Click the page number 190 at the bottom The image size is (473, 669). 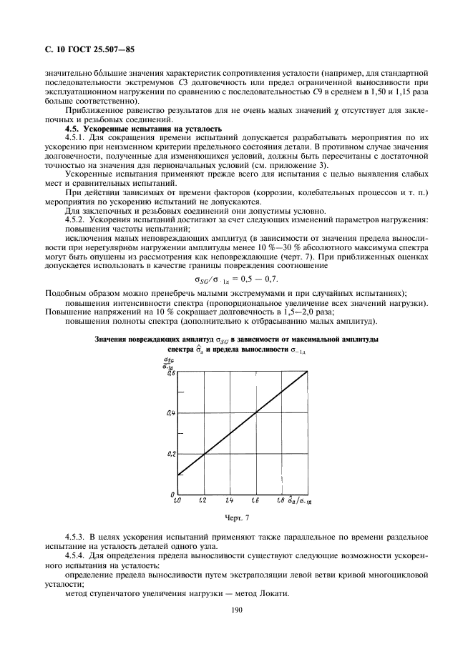(237, 610)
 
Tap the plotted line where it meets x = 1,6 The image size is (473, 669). (255, 413)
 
